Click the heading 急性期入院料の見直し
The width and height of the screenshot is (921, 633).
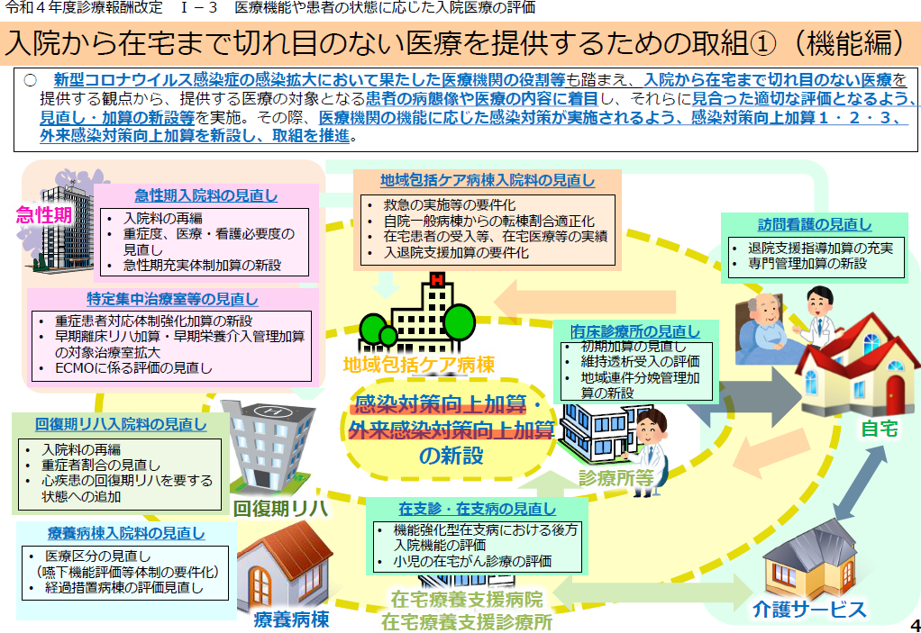tap(206, 195)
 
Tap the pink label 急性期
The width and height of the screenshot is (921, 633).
tap(44, 214)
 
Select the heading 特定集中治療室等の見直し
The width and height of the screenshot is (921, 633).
tap(173, 299)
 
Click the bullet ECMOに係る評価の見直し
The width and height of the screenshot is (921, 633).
tap(133, 368)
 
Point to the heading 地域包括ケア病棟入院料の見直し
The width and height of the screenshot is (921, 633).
tap(488, 180)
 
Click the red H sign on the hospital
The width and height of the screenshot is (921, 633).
tap(437, 280)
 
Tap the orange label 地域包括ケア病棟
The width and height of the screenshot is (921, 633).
tap(419, 365)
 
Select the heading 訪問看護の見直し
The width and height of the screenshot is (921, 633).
tap(815, 224)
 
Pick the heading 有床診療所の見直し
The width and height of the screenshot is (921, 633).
tap(636, 331)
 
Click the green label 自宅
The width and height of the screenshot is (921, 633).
tap(880, 429)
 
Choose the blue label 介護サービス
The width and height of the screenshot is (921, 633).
tap(809, 610)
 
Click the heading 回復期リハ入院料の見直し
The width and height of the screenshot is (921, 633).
tap(121, 424)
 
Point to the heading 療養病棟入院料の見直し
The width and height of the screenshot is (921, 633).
tap(126, 533)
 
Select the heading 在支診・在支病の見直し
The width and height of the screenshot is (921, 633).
tap(477, 509)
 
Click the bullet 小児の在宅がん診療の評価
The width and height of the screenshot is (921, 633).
tap(472, 562)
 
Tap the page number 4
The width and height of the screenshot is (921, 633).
tap(915, 624)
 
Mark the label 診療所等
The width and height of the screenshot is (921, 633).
tap(616, 478)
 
